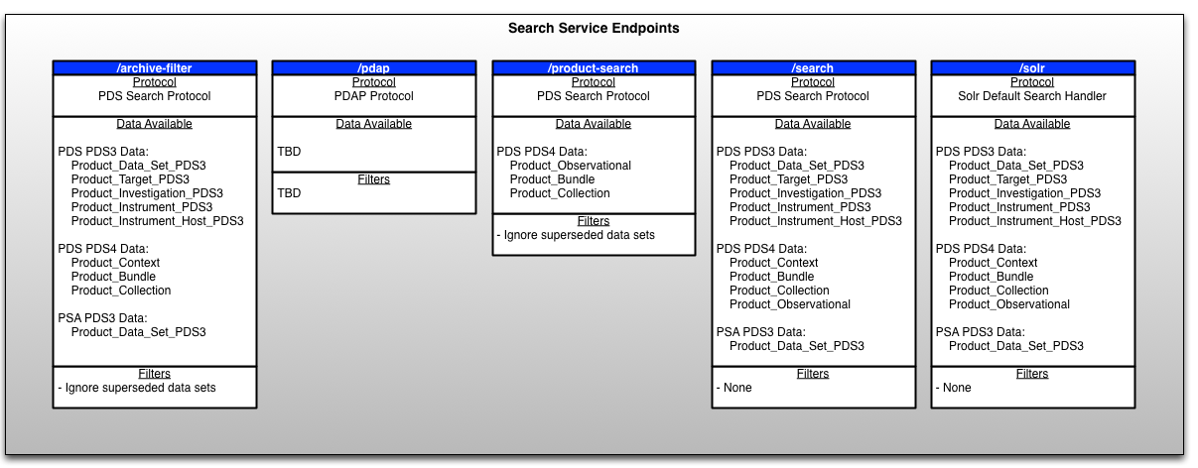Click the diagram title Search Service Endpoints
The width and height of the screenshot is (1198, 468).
[594, 29]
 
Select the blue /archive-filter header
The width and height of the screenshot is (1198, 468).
[154, 68]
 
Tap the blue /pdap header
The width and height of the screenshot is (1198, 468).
[373, 68]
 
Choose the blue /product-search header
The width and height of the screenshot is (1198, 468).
[594, 68]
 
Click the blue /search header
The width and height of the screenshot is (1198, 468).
[813, 68]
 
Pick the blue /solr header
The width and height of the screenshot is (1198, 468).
[1032, 68]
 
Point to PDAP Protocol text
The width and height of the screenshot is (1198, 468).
[373, 96]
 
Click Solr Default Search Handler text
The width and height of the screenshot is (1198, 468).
[1032, 96]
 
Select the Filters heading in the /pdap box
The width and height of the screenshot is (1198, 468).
[373, 179]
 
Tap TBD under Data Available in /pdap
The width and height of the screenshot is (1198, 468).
[289, 152]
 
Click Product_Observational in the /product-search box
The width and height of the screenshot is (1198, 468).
[570, 166]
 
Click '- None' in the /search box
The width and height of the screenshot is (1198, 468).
[734, 388]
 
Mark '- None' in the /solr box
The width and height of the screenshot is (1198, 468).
[954, 388]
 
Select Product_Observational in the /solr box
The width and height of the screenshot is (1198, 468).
[1008, 304]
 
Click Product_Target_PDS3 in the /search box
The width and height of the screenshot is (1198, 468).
[788, 179]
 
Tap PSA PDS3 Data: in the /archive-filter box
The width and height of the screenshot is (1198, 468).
[103, 318]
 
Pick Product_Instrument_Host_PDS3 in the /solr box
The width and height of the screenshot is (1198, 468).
[1034, 221]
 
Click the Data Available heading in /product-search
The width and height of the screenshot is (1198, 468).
[594, 124]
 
